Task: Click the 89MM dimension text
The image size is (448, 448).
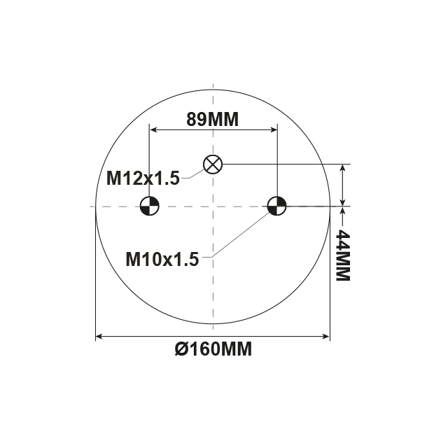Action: pos(212,119)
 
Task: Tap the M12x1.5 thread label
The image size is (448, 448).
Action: pos(143,178)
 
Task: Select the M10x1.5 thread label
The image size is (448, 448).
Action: pos(162,259)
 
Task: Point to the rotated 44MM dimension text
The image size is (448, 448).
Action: pos(342,255)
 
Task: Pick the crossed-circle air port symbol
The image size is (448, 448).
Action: pos(213,164)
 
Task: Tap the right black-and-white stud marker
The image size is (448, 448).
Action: pos(277,206)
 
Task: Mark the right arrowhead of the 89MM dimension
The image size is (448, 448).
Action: pos(273,130)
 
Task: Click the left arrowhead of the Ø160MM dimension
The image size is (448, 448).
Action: pos(99,337)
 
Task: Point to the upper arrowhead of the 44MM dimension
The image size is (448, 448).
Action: pos(342,169)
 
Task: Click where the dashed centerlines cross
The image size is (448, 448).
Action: pos(213,206)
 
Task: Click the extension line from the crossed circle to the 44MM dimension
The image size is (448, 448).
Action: pos(280,164)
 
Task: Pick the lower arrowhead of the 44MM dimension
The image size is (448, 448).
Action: pos(342,202)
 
